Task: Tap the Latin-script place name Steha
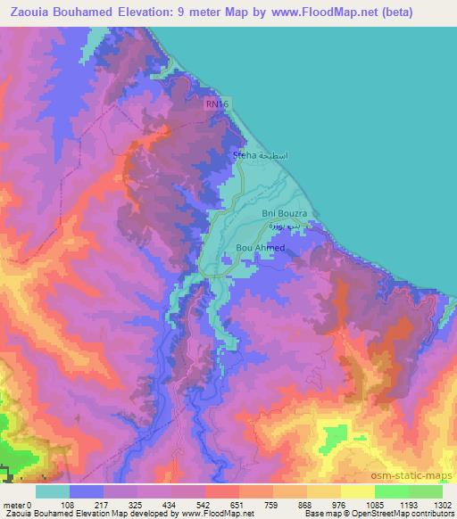coord(243,155)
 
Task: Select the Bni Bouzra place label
coord(285,213)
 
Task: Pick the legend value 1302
coord(443,505)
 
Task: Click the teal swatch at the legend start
coord(53,491)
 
